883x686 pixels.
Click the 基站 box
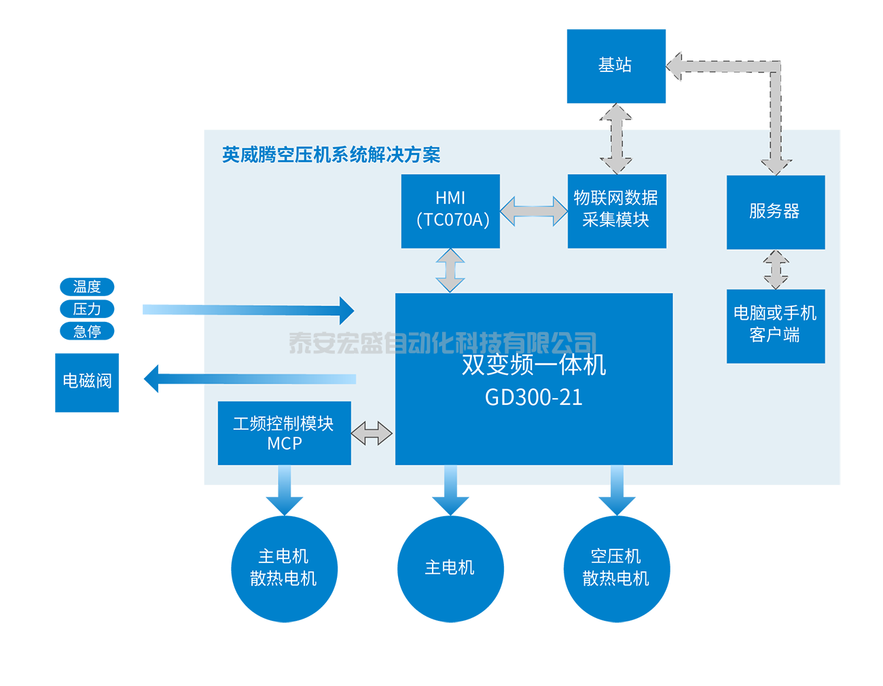tap(615, 66)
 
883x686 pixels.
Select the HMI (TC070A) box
tap(450, 211)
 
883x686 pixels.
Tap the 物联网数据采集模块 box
tap(616, 211)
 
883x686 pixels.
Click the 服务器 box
tap(775, 212)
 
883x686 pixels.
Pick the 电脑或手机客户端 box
tap(775, 325)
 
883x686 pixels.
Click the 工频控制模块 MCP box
tap(284, 433)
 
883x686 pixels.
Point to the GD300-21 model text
tap(534, 397)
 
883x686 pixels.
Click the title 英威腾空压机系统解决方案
tap(331, 155)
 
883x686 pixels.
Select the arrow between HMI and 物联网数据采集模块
tap(534, 211)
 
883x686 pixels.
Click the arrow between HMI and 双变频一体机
tap(450, 270)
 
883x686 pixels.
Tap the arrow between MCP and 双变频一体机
tap(372, 433)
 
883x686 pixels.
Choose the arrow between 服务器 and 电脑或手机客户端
tap(776, 270)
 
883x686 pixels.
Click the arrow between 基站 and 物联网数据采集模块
tap(616, 139)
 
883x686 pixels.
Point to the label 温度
tap(87, 287)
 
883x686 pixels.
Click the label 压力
tap(87, 309)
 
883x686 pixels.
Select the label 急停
tap(87, 331)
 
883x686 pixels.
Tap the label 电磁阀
tap(87, 381)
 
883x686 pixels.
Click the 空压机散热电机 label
tap(615, 567)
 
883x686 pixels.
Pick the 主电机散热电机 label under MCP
tap(283, 567)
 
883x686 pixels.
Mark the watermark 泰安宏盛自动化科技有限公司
tap(442, 343)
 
